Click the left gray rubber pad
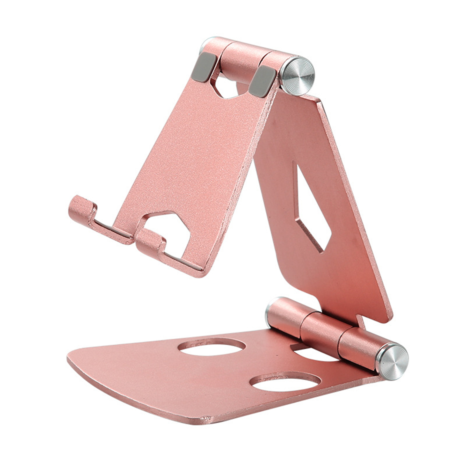click(x=204, y=67)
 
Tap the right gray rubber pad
click(x=262, y=81)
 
